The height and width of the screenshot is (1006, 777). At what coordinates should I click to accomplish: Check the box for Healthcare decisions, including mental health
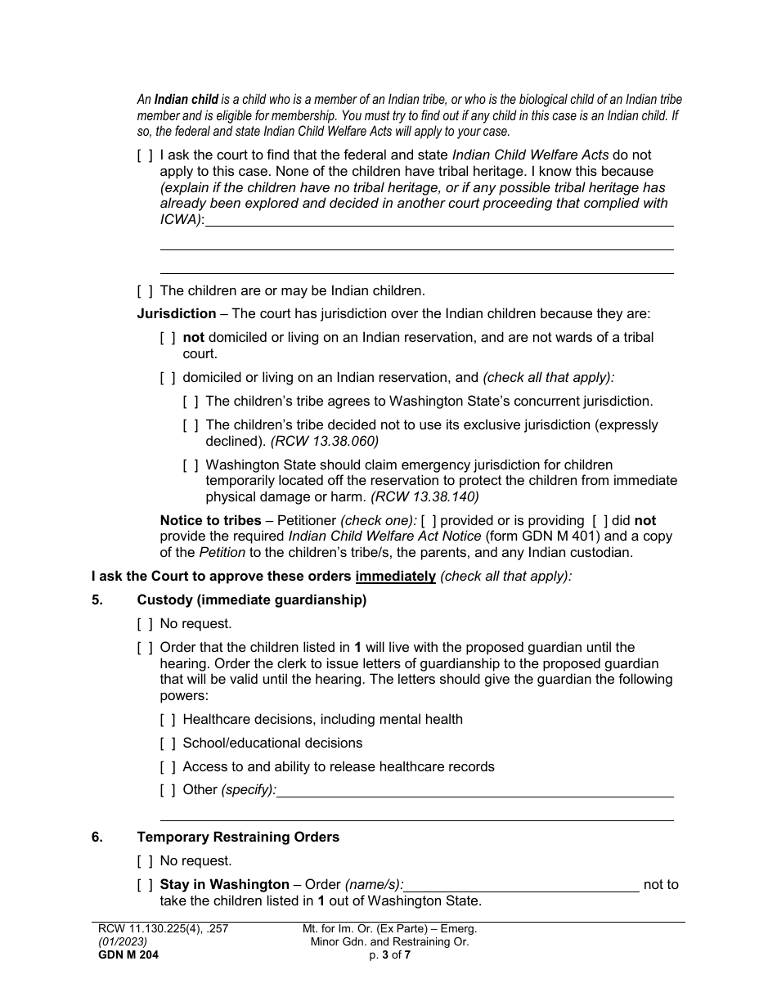168,720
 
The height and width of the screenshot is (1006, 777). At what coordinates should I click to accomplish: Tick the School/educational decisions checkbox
168,743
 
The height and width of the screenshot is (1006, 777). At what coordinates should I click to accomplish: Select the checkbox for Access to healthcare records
168,767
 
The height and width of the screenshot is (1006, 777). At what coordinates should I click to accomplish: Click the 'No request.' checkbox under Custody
145,624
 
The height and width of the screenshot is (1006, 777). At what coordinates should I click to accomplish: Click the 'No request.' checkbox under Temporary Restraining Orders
145,861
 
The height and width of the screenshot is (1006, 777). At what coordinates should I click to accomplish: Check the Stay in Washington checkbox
145,885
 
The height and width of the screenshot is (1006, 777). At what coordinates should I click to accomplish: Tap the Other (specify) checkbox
168,790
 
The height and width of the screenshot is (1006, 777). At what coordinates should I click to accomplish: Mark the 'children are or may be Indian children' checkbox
145,290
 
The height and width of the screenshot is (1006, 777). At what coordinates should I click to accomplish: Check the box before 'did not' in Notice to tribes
600,521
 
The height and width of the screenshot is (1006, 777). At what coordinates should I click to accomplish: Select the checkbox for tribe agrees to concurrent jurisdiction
191,402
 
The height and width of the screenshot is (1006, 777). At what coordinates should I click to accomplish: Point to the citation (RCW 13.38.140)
424,496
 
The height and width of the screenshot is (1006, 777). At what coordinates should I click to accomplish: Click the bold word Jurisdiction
177,313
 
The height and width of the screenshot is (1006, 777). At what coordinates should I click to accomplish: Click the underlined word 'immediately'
395,576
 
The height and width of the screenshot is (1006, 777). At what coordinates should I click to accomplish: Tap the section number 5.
97,600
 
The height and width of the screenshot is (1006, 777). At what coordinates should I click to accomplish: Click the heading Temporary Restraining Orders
238,837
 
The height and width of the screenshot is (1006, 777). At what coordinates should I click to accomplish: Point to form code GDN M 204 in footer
126,954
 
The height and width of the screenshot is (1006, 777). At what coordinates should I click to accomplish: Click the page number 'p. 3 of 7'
389,954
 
